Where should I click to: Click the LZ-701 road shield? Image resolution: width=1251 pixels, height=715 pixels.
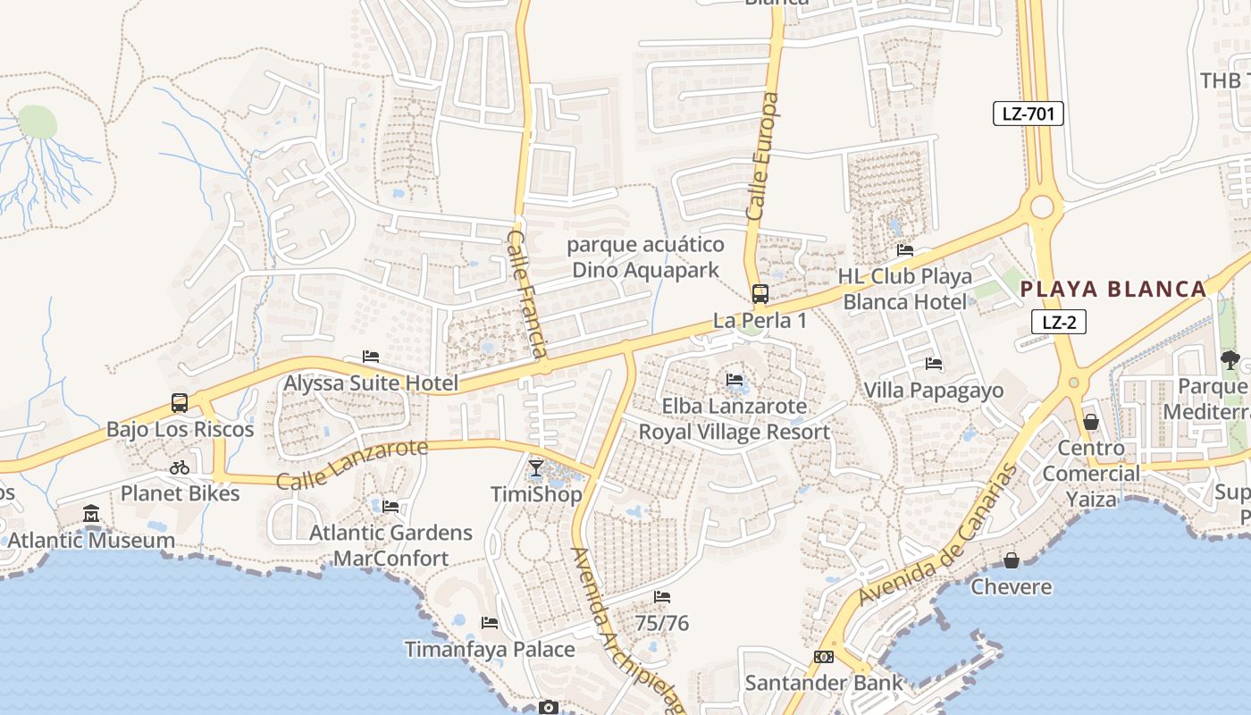pos(1028,114)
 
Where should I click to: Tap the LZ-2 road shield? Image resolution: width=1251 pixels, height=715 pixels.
pos(1058,322)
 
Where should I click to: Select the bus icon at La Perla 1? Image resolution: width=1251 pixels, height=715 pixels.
pos(760,293)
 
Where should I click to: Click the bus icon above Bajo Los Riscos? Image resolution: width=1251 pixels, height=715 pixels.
pos(180,402)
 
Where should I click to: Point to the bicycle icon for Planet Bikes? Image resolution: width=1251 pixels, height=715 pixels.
pos(180,467)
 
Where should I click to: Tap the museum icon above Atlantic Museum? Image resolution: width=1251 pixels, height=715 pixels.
pos(91,514)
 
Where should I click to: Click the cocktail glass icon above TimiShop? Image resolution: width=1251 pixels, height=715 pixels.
pos(535,467)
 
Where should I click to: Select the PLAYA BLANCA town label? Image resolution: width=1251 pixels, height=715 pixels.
pos(1113,289)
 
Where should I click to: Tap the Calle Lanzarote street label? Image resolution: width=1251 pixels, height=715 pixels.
pos(352,464)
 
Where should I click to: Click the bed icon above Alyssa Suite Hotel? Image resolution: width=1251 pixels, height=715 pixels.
pos(371,357)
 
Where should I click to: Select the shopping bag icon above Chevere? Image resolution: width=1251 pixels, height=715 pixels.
pos(1012,560)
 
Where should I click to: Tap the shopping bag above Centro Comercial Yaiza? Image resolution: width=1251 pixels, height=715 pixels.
pos(1091,421)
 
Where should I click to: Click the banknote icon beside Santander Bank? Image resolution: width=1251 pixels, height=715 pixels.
pos(823,657)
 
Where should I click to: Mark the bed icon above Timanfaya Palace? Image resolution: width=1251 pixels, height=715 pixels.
pos(490,622)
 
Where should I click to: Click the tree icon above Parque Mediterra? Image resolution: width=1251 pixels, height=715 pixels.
pos(1230,360)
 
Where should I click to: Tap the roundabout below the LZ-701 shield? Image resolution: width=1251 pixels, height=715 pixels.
pos(1042,207)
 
